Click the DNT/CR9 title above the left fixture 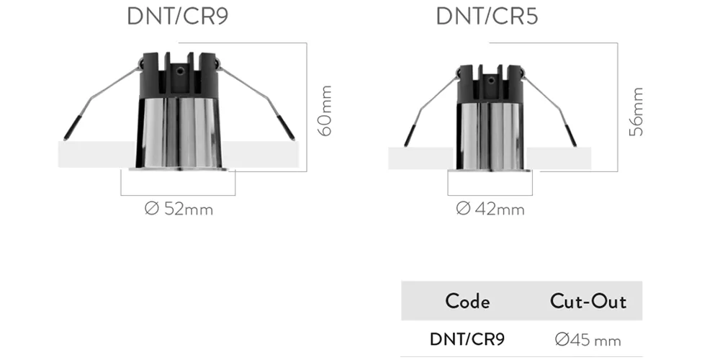[177, 17]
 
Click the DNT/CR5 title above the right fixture [487, 17]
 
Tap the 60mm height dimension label [325, 111]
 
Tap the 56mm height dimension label [636, 112]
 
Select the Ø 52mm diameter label [179, 209]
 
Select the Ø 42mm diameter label [490, 209]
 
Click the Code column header [467, 302]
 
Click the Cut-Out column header [588, 302]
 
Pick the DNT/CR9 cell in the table [467, 339]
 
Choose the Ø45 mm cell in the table [588, 340]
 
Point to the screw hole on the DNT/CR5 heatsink [491, 81]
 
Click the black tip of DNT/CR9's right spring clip [286, 128]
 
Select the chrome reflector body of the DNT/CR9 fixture [178, 132]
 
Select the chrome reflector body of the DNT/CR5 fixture [490, 136]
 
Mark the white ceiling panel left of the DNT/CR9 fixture [97, 154]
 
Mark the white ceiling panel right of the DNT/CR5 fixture [557, 158]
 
